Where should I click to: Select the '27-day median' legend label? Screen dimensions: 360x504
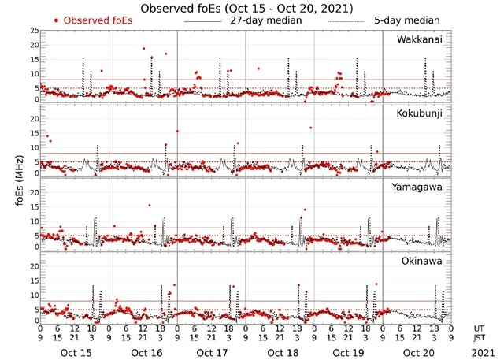(267, 20)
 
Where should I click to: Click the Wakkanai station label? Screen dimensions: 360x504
(420, 39)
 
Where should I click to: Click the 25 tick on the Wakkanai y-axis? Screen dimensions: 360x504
(34, 31)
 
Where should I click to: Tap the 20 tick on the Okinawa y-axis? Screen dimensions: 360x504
(34, 265)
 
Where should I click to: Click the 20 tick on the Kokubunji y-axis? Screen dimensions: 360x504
(34, 119)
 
